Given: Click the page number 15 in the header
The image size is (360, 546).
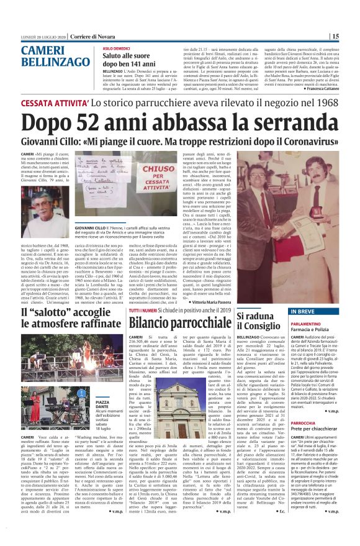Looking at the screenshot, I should coord(351,37).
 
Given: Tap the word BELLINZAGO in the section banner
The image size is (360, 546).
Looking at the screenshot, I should coord(50,62).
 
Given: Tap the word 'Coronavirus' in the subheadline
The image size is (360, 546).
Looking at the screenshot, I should coord(305,142).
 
